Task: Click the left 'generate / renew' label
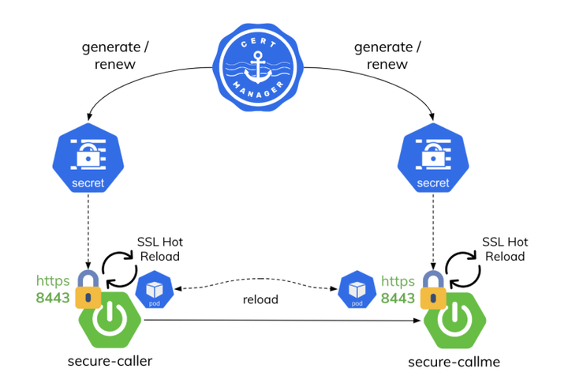(x=116, y=55)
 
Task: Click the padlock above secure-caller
(x=89, y=290)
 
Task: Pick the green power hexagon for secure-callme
(x=454, y=321)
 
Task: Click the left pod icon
(x=154, y=290)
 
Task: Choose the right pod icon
(x=357, y=290)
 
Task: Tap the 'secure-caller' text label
(x=109, y=362)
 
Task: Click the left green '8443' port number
(x=53, y=299)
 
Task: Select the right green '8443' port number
(x=398, y=299)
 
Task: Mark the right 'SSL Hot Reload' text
(x=505, y=249)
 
